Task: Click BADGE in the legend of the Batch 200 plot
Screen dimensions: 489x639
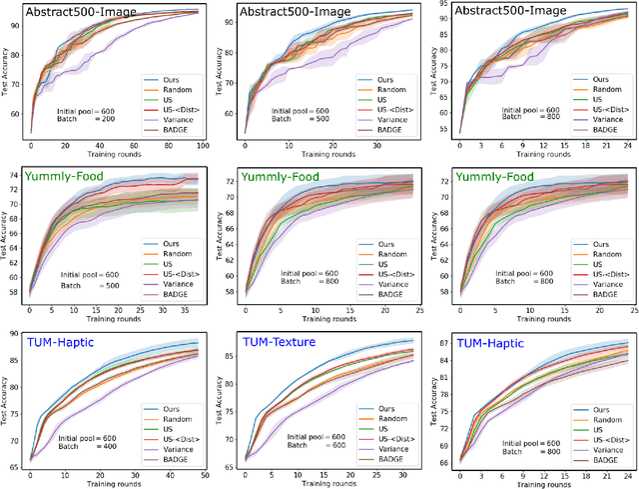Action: click(x=170, y=129)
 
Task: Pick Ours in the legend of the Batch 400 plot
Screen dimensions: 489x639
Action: click(x=167, y=410)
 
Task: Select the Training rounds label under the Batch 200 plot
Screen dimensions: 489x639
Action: click(x=112, y=155)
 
